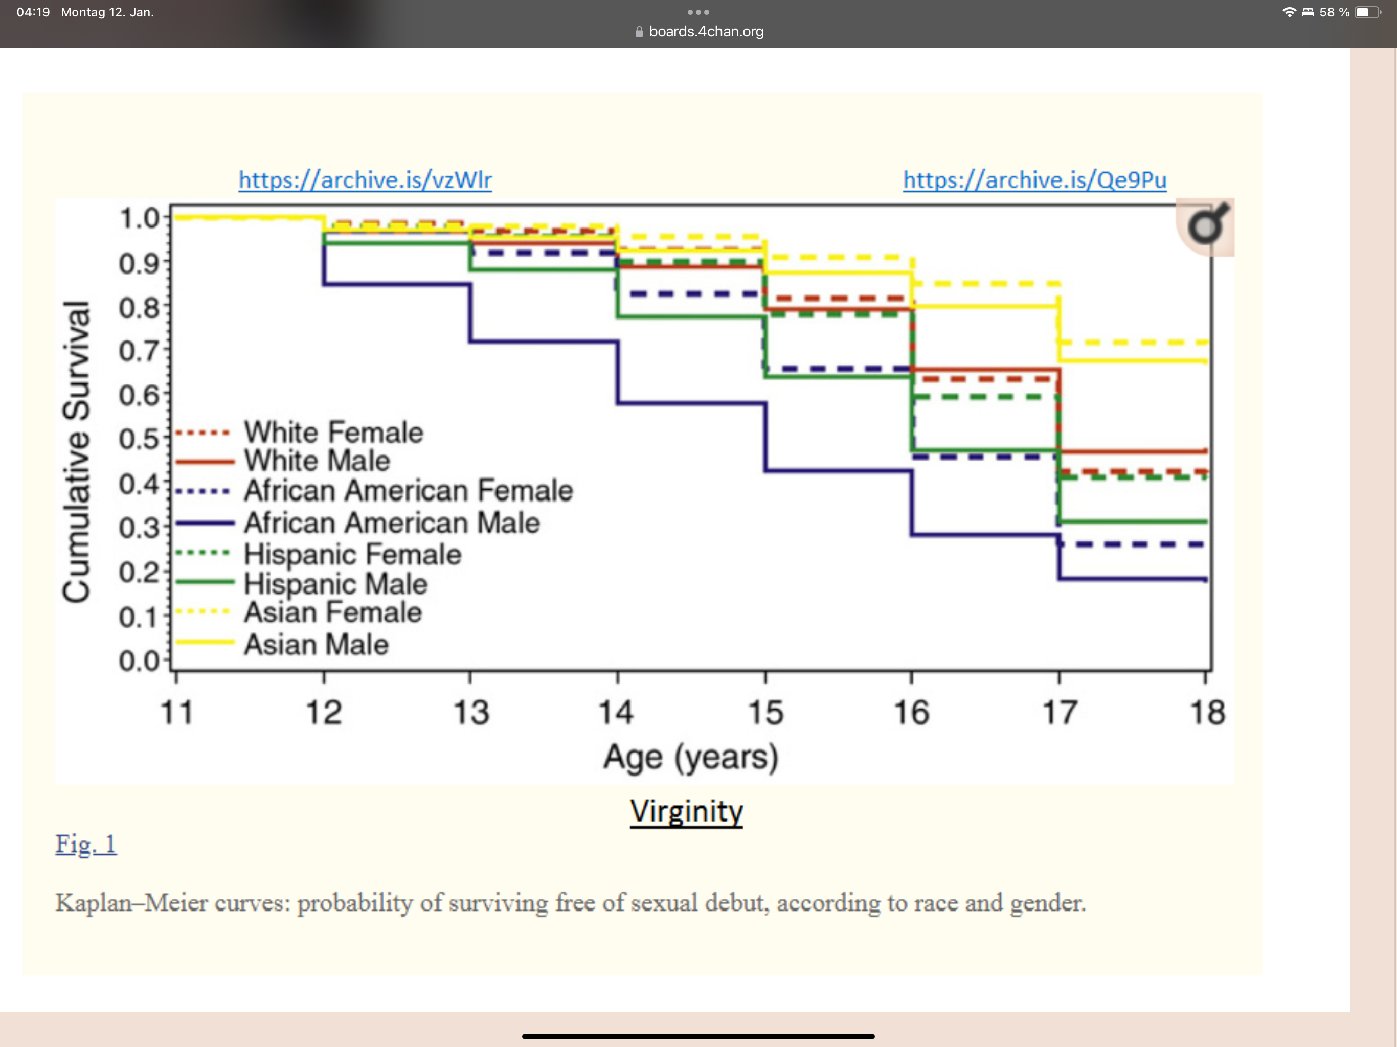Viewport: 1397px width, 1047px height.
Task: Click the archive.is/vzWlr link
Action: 365,180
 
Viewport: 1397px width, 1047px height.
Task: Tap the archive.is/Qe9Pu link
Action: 1034,180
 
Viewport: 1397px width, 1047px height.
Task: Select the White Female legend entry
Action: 299,433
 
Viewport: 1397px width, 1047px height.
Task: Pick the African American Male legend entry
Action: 357,523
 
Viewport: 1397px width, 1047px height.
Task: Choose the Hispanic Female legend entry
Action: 318,554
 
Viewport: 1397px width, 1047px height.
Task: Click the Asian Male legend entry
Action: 282,644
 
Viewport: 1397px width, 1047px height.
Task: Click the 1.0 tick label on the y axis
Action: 139,218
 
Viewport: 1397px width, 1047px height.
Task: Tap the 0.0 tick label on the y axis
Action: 139,661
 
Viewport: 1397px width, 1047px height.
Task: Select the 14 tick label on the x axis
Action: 616,712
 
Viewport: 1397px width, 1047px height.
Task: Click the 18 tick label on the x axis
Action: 1207,712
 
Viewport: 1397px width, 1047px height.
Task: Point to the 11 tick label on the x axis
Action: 176,712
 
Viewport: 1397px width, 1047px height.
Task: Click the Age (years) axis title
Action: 691,758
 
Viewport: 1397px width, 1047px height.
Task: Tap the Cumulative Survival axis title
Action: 76,451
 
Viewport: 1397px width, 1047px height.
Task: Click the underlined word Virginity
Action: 687,811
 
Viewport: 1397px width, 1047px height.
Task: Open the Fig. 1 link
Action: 86,844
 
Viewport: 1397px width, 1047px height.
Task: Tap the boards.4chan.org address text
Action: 706,32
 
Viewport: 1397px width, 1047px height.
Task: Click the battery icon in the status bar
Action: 1367,12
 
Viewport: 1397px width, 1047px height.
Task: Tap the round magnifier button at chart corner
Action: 1206,226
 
